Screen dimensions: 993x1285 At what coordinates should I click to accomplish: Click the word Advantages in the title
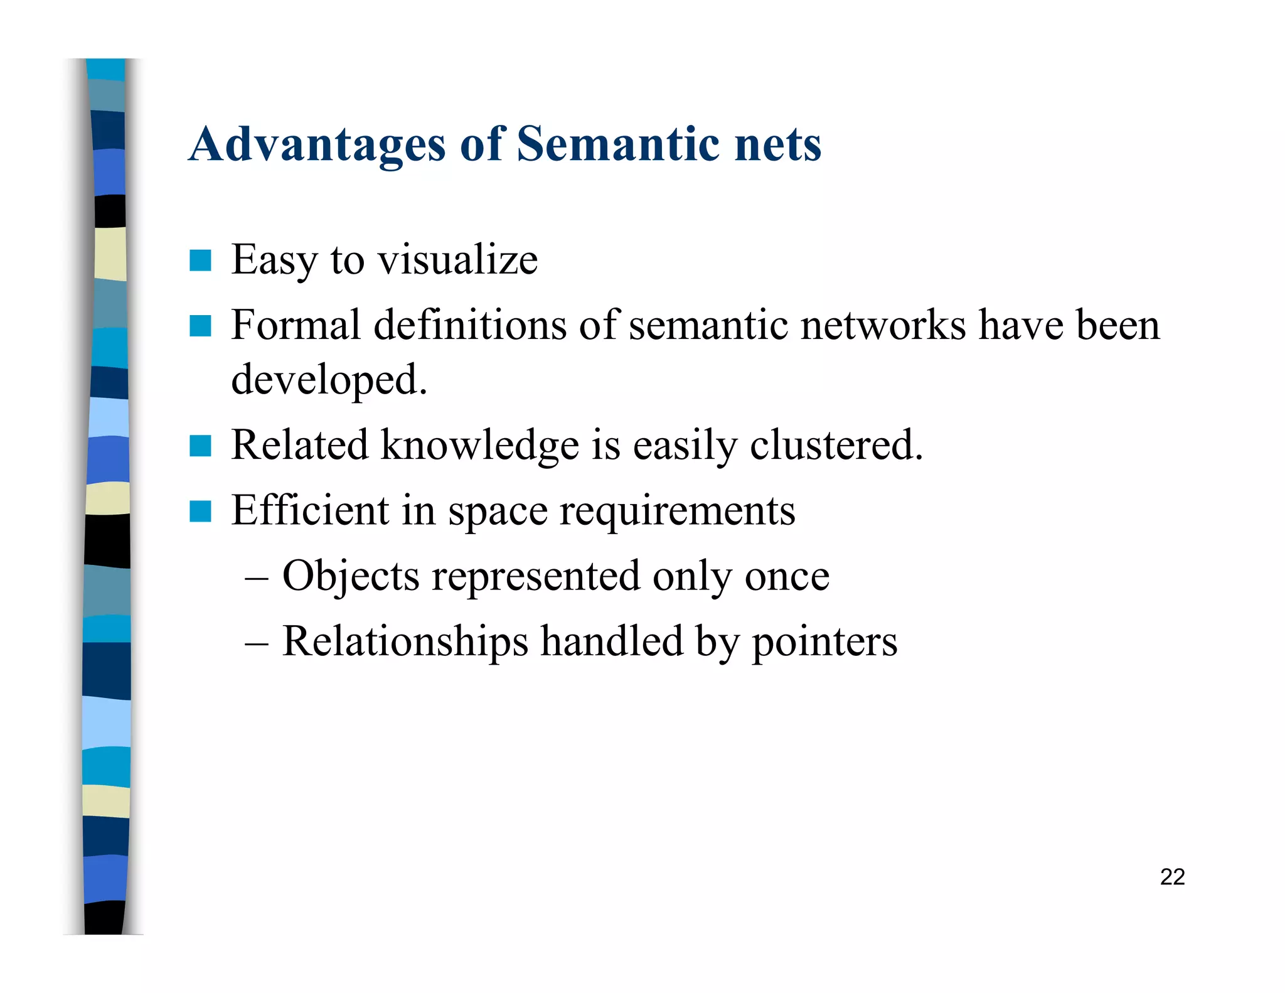coord(317,146)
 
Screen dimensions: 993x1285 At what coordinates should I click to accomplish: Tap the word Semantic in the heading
coord(618,144)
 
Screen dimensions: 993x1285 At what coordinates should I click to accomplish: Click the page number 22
coord(1172,877)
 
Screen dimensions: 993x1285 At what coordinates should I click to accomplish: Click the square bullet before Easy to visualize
coord(200,260)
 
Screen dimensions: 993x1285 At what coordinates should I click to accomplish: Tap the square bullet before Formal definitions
coord(200,326)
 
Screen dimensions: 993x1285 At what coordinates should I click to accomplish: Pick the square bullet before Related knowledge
coord(200,446)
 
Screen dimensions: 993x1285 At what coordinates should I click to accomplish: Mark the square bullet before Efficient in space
coord(200,512)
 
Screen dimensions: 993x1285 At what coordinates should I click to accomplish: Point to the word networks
coord(883,326)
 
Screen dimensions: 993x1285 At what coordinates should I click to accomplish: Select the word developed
coord(329,380)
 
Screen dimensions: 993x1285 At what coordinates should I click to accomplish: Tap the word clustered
coord(836,446)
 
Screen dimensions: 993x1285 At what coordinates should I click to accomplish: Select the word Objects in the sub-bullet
coord(351,577)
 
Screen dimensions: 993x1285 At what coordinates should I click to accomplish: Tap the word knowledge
coord(480,446)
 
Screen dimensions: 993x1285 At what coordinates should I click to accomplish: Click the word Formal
coord(296,326)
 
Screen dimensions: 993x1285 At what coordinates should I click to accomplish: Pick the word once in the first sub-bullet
coord(787,577)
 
